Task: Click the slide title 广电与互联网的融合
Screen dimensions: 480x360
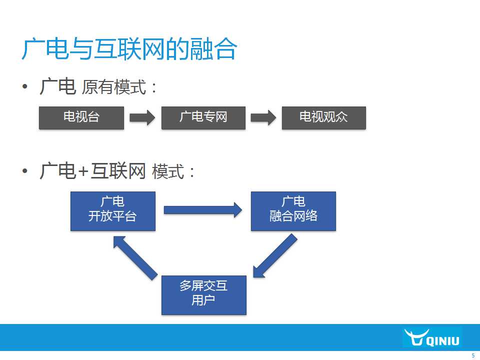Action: coord(129,49)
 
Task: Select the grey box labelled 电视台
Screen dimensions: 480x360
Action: coord(81,118)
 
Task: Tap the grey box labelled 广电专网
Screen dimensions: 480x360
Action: coord(203,118)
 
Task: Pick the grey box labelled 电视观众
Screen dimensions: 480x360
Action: coord(324,118)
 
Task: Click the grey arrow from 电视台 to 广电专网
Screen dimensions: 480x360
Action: coord(142,118)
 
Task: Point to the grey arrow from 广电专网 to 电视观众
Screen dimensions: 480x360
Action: coord(263,118)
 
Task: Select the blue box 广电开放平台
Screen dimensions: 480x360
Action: coord(113,211)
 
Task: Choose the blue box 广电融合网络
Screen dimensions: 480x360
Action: coord(293,211)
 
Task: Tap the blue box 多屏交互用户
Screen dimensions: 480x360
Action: coord(204,295)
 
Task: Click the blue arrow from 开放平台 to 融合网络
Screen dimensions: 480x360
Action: coord(203,210)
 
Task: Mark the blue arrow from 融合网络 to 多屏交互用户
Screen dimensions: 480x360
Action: coord(274,256)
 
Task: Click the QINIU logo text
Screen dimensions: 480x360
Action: coord(443,340)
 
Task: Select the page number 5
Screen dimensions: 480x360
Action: coord(473,355)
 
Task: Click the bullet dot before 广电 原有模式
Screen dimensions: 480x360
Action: coord(25,86)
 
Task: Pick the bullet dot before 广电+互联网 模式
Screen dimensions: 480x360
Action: coord(25,171)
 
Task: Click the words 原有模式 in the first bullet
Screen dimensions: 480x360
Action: coord(114,87)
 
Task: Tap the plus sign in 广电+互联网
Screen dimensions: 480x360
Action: coord(83,171)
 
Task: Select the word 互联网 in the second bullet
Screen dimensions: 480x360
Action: coord(118,171)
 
